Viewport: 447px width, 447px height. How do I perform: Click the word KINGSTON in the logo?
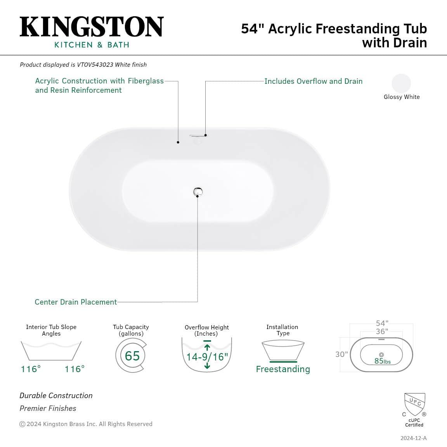pyautogui.click(x=92, y=27)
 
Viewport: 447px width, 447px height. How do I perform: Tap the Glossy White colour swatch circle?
pyautogui.click(x=401, y=83)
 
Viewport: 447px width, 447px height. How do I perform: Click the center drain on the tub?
pyautogui.click(x=198, y=191)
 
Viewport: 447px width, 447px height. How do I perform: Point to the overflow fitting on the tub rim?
pyautogui.click(x=198, y=137)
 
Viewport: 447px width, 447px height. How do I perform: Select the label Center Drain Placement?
pyautogui.click(x=76, y=302)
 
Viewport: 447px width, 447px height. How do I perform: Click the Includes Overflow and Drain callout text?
pyautogui.click(x=313, y=81)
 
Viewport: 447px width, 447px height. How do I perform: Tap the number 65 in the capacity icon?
pyautogui.click(x=132, y=355)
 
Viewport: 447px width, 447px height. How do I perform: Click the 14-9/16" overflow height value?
pyautogui.click(x=207, y=357)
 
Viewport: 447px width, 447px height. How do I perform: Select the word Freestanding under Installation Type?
pyautogui.click(x=283, y=369)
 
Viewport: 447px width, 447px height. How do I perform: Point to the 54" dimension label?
pyautogui.click(x=382, y=323)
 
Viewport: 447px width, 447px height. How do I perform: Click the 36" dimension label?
pyautogui.click(x=382, y=331)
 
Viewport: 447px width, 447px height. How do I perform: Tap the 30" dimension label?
pyautogui.click(x=341, y=354)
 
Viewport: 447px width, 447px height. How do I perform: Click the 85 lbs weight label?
pyautogui.click(x=382, y=361)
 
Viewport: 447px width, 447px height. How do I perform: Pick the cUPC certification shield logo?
pyautogui.click(x=414, y=404)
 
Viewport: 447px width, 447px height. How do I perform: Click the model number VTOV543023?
pyautogui.click(x=95, y=65)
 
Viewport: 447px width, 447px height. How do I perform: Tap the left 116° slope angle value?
pyautogui.click(x=31, y=369)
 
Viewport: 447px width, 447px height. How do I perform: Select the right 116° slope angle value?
pyautogui.click(x=74, y=369)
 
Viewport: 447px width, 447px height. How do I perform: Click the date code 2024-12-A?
pyautogui.click(x=413, y=438)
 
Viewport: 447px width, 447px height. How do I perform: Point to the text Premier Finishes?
pyautogui.click(x=48, y=408)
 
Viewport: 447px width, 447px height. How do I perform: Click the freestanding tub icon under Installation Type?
pyautogui.click(x=283, y=350)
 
